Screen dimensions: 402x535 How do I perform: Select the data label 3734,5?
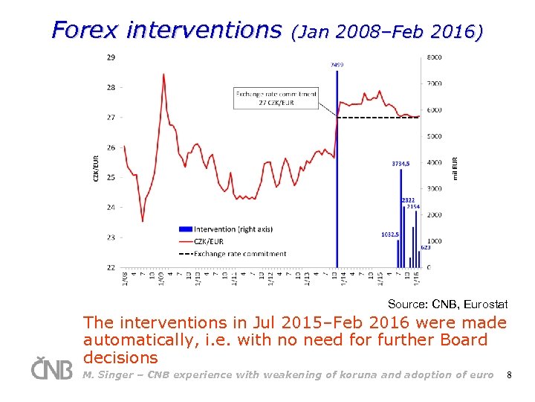click(401, 163)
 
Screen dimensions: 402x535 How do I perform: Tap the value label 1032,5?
click(390, 234)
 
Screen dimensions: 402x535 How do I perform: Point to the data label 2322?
click(408, 200)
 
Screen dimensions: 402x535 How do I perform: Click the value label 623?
click(425, 247)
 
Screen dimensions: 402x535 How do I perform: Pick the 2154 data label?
click(414, 206)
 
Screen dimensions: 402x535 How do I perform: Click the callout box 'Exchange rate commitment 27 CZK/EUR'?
click(276, 98)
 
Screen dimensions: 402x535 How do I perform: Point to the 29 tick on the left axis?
click(111, 57)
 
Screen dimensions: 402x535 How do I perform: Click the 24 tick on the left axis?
click(111, 207)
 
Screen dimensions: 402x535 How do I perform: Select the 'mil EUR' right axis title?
click(455, 167)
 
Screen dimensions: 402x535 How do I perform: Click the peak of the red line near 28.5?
click(163, 74)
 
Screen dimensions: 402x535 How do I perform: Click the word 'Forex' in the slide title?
click(85, 30)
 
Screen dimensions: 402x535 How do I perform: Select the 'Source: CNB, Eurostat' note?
click(447, 304)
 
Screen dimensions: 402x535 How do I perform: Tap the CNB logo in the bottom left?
click(51, 368)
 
